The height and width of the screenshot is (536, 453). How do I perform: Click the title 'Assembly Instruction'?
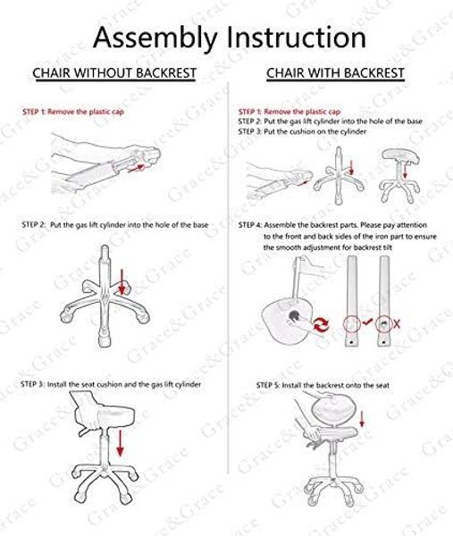click(230, 38)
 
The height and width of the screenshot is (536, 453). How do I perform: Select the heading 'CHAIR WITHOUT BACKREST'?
click(114, 73)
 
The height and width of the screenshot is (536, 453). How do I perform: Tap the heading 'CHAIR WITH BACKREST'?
click(335, 73)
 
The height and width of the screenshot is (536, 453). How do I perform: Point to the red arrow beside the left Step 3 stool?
click(120, 443)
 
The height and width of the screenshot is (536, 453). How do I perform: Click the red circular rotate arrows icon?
click(322, 324)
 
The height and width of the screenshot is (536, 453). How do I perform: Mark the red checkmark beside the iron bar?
click(367, 322)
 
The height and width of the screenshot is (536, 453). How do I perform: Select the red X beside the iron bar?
click(397, 323)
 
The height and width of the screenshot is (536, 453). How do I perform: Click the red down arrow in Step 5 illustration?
click(362, 419)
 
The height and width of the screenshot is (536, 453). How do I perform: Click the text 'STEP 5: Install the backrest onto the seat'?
click(323, 385)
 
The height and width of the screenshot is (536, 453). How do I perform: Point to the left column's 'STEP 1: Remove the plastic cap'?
click(73, 112)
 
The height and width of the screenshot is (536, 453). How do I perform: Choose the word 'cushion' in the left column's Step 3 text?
click(109, 384)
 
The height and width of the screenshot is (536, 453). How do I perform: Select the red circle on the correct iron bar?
click(352, 323)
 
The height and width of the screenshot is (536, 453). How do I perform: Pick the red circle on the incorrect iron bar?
click(384, 323)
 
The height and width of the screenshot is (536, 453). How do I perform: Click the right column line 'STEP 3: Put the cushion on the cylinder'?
click(302, 131)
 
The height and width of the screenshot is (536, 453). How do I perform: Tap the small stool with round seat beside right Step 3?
click(400, 175)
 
